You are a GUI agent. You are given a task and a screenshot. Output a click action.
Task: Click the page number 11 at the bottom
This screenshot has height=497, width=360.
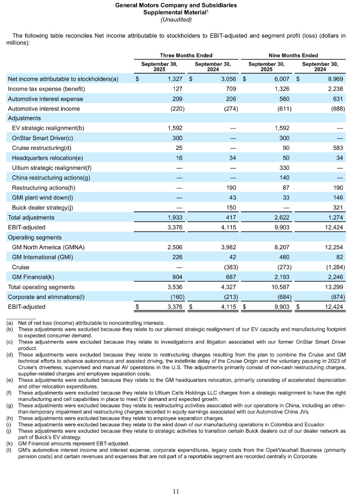pos(176,491)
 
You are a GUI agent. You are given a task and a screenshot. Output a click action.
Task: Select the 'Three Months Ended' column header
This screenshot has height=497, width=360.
pos(186,55)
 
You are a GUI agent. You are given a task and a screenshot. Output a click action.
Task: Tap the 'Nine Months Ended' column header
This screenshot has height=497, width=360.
pos(293,55)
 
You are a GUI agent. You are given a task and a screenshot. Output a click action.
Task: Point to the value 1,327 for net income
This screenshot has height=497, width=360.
pos(175,79)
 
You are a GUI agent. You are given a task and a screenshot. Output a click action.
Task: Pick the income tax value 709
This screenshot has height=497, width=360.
pos(231,89)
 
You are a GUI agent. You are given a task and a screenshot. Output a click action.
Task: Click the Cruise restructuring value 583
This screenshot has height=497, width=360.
pos(338,148)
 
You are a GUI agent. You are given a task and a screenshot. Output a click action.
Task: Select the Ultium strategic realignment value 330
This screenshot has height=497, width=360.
pos(284,168)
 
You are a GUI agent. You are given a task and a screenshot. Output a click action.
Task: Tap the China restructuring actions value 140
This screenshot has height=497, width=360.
pos(284,178)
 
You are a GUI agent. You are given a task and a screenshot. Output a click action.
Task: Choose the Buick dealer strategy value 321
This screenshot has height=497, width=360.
pos(338,207)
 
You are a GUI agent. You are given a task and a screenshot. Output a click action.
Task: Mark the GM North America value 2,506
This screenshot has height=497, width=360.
pos(175,247)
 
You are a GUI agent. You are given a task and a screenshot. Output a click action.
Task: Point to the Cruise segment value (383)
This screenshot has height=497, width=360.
pos(230,267)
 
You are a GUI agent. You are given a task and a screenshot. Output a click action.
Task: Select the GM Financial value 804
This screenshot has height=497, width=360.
pos(177,277)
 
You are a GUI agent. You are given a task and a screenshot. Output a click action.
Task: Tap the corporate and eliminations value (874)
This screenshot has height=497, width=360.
pos(336,297)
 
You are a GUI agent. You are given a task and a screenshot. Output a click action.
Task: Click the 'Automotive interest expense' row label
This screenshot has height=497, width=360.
pos(45,99)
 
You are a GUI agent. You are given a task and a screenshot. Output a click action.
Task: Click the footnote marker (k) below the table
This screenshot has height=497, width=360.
pos(9,443)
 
